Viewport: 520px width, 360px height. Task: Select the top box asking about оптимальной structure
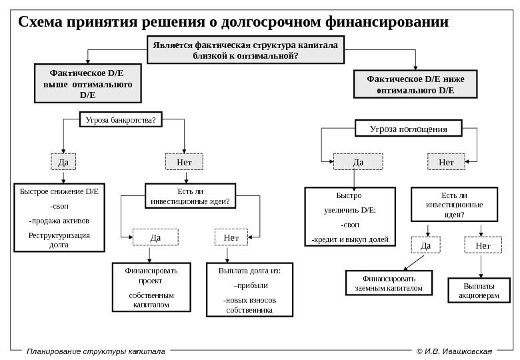[x=245, y=50]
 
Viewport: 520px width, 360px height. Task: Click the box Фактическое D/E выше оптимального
[x=87, y=83]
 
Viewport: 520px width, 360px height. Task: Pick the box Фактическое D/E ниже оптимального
[x=415, y=84]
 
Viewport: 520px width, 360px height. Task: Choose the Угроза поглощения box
[x=408, y=129]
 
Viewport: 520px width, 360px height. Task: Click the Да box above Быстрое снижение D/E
[x=63, y=162]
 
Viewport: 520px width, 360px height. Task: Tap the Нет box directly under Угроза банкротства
[x=184, y=162]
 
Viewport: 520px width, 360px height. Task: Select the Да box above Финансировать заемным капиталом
[x=426, y=246]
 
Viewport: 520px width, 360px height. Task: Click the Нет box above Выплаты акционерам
[x=483, y=246]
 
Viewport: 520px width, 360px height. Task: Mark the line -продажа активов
[x=59, y=221]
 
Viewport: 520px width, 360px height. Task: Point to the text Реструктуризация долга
[x=59, y=239]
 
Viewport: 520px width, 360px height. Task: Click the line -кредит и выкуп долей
[x=351, y=239]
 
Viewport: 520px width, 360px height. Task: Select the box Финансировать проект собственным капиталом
[x=151, y=287]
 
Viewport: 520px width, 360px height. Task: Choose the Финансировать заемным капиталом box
[x=389, y=283]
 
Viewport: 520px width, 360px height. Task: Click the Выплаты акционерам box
[x=479, y=290]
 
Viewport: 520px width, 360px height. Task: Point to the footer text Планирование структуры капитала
[x=95, y=351]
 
